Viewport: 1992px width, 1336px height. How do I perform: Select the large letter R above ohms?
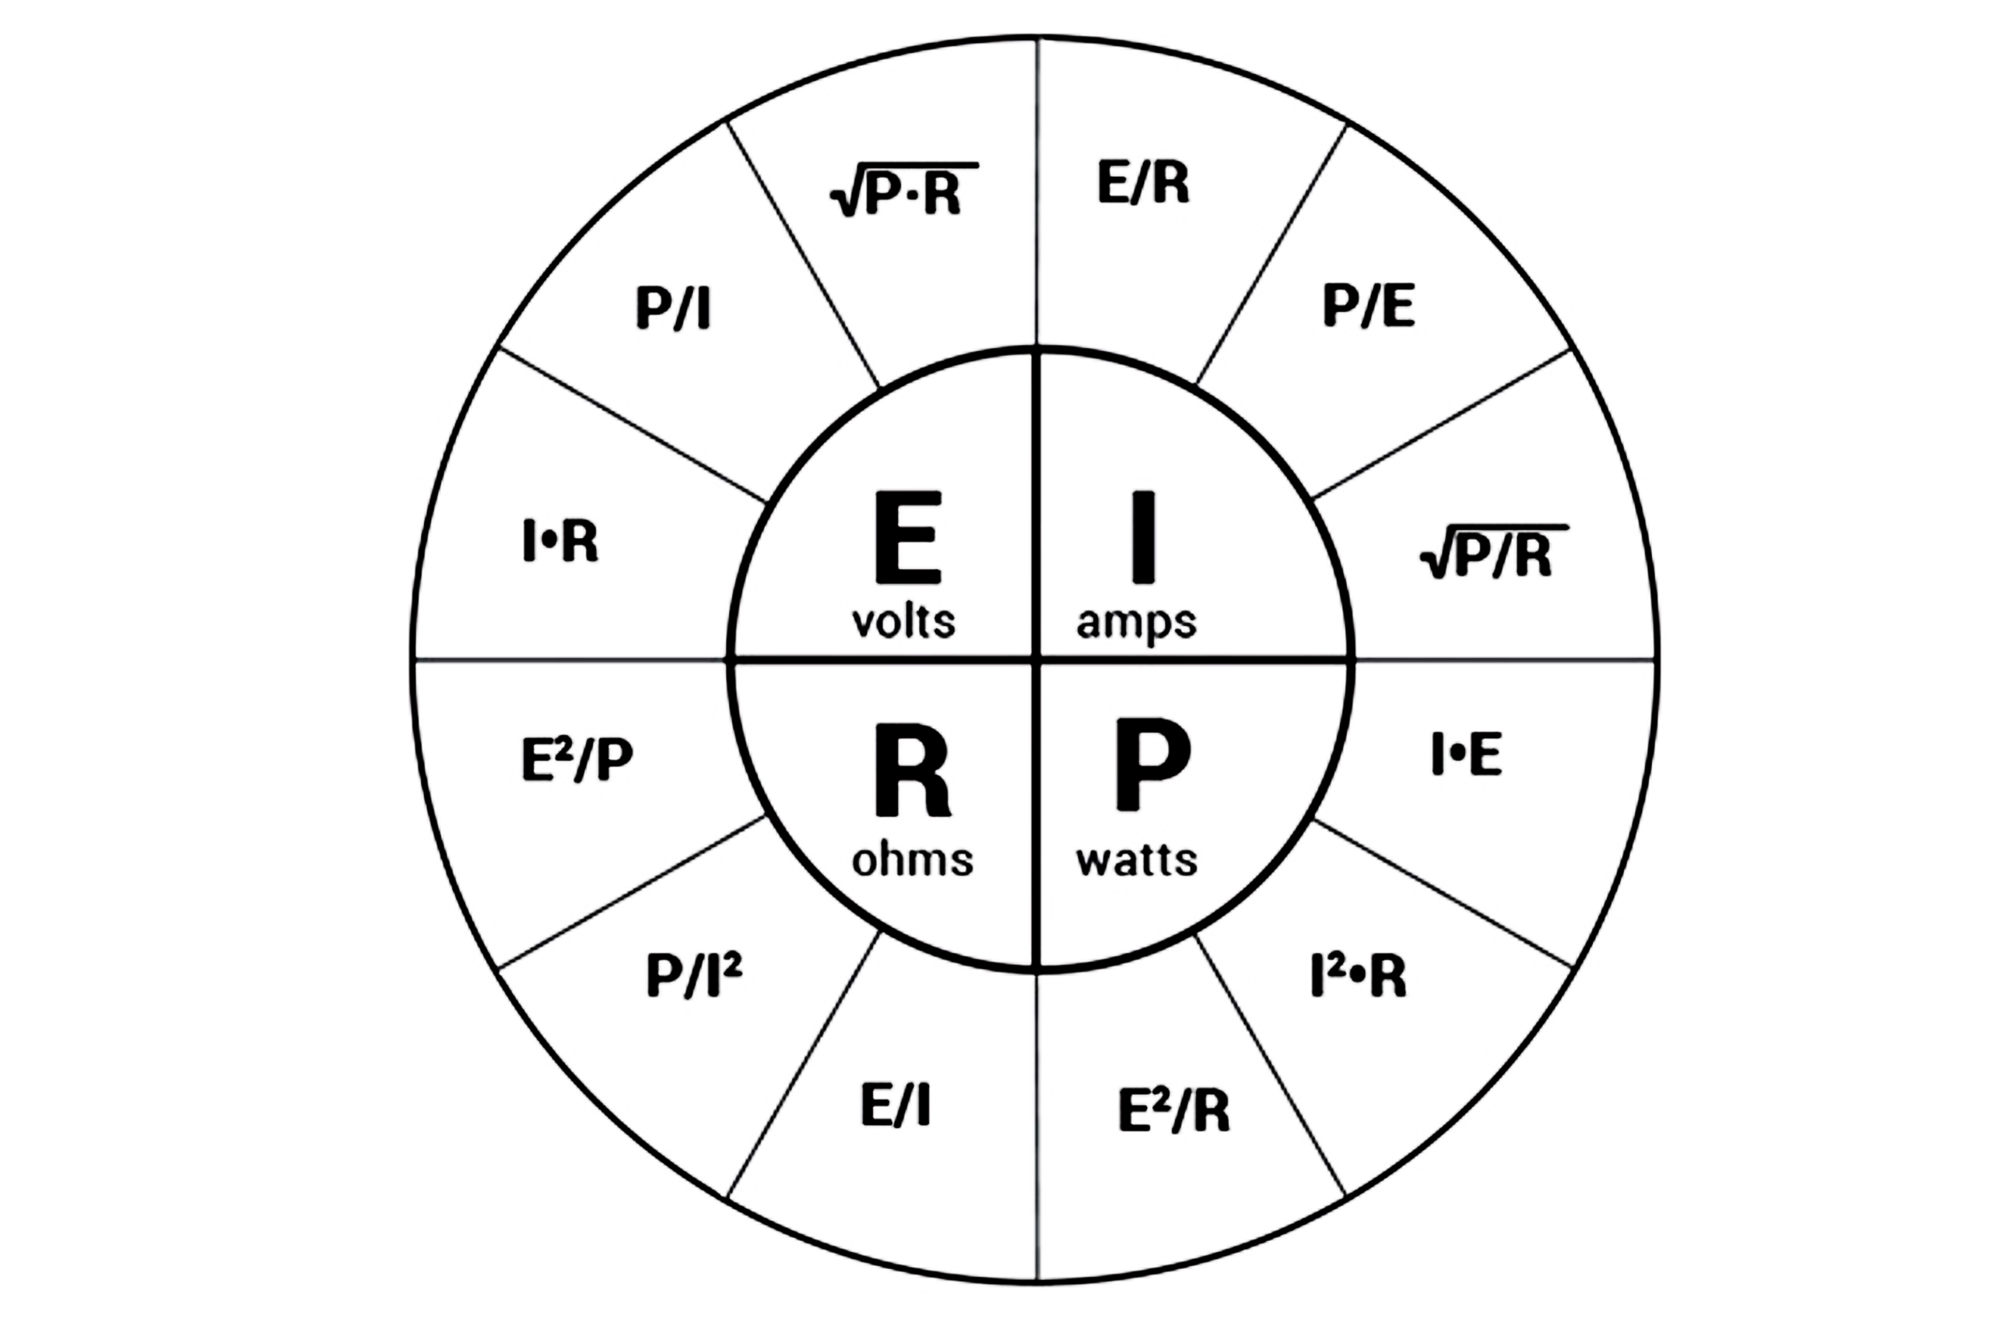pos(911,770)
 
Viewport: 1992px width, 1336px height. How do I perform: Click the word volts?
pos(903,622)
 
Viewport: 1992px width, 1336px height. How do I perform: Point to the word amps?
pos(1136,624)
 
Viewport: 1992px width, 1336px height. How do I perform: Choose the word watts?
pos(1136,860)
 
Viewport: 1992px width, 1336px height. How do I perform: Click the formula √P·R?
pos(903,188)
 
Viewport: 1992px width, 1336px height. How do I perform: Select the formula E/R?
pos(1143,182)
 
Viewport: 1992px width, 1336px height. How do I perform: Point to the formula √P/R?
pos(1494,552)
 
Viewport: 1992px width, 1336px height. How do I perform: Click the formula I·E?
pos(1467,754)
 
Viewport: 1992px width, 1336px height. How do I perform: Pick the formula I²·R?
pos(1359,976)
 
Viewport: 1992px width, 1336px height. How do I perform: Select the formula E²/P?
pos(577,758)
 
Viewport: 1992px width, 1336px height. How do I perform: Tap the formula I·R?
pos(560,541)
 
